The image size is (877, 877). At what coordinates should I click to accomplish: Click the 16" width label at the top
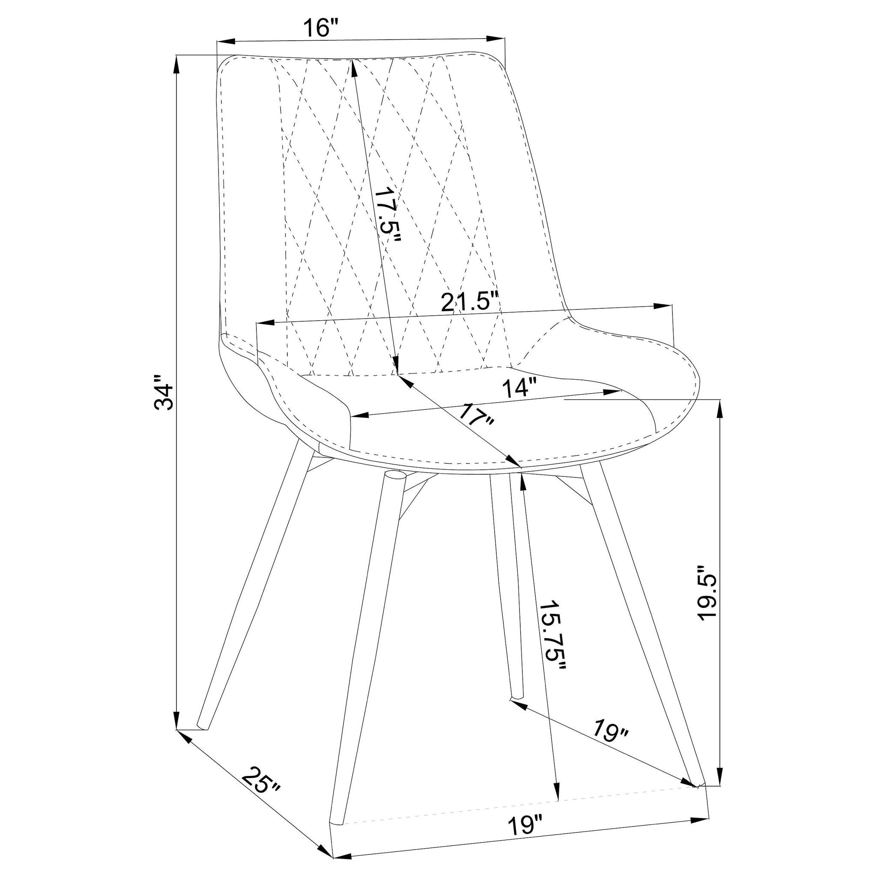(x=322, y=28)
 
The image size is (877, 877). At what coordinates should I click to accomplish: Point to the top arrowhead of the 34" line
(x=176, y=63)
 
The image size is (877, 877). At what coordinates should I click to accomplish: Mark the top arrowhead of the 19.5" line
(x=719, y=409)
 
